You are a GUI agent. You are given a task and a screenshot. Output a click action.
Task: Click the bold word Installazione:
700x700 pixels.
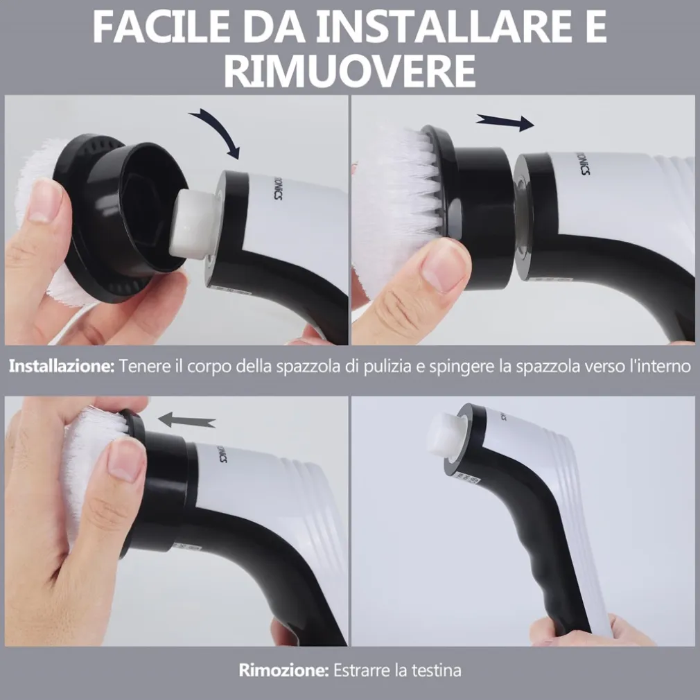coord(61,367)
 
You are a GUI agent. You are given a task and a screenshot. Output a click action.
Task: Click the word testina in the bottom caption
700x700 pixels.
coord(436,670)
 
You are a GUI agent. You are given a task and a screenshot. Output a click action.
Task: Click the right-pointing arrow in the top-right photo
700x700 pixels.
coord(505,122)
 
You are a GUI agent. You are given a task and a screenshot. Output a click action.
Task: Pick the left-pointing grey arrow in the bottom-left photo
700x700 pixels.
coord(187,419)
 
